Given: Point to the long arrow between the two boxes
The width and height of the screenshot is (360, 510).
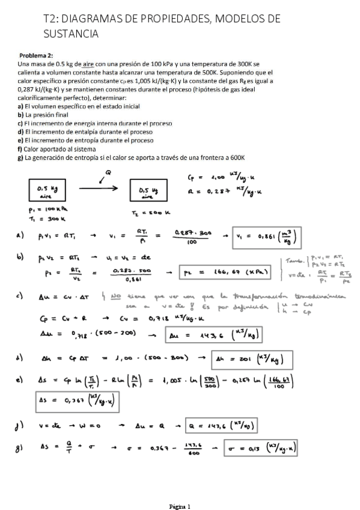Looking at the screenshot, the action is [x=98, y=188].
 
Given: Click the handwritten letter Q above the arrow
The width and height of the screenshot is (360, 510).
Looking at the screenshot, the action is [x=109, y=173].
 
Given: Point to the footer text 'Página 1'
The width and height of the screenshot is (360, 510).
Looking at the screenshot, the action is [x=180, y=506].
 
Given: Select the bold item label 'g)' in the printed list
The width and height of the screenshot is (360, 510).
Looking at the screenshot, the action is [x=20, y=158].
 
